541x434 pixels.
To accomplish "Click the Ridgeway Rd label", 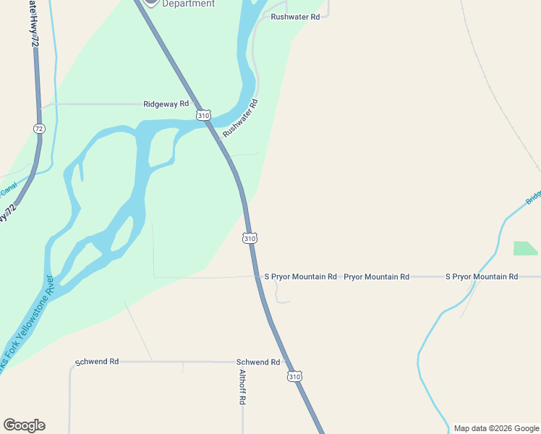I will click(166, 104).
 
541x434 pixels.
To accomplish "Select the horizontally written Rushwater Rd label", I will click(295, 17).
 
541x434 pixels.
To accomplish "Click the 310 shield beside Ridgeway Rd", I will click(203, 116).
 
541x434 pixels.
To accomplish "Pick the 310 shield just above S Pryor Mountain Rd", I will click(250, 238).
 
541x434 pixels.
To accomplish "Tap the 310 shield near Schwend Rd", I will click(294, 376).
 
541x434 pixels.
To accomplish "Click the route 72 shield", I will click(39, 128).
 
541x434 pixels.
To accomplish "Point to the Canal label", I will click(8, 190).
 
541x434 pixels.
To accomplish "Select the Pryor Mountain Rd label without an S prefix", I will click(376, 277).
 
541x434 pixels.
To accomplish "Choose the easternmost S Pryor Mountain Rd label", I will click(482, 277).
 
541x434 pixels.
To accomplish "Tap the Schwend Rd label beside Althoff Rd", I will click(258, 362).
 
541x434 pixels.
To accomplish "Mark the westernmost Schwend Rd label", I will click(97, 362).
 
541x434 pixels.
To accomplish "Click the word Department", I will click(188, 4).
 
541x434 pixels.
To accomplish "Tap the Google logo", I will click(24, 425).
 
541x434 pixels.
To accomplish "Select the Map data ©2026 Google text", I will click(495, 428).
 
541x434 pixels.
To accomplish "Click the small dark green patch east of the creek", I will click(525, 248).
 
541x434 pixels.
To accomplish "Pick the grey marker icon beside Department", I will click(150, 2).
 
